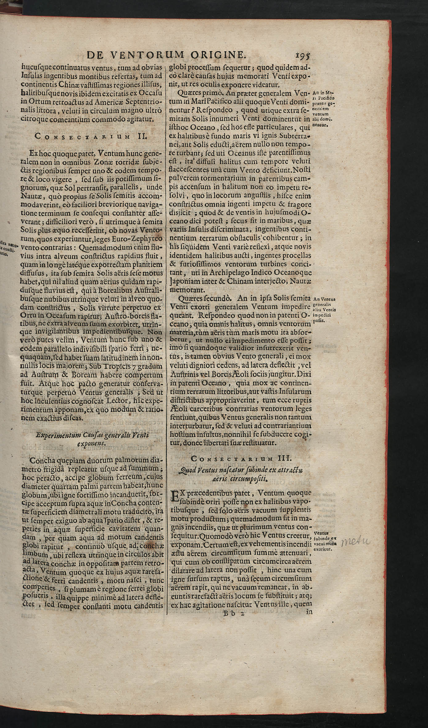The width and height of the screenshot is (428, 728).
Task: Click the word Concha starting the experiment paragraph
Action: (x=43, y=460)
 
